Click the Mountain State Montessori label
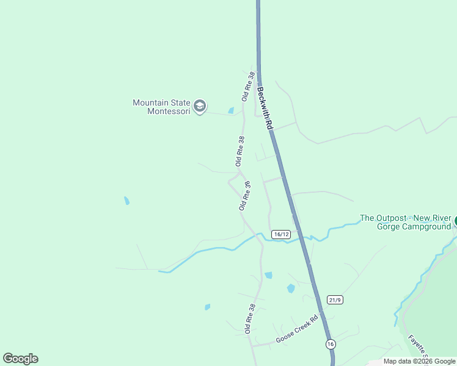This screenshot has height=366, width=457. click(x=161, y=107)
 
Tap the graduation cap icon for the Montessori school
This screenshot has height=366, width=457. click(x=200, y=107)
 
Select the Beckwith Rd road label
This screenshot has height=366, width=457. click(x=265, y=107)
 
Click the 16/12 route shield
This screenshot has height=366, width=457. click(x=281, y=234)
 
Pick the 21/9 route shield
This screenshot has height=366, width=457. click(x=334, y=300)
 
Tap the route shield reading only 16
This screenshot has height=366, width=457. click(x=330, y=344)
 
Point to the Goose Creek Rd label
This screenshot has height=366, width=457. click(x=298, y=329)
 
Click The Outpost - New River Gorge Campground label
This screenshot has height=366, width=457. click(x=404, y=222)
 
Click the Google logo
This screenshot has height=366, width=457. click(x=20, y=359)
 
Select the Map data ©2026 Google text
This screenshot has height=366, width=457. click(x=419, y=361)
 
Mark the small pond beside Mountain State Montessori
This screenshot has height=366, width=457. click(x=231, y=111)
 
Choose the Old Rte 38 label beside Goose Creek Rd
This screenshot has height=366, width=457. click(x=249, y=318)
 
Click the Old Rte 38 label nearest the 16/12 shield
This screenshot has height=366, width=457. click(x=245, y=195)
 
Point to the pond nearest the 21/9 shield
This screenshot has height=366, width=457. click(x=291, y=289)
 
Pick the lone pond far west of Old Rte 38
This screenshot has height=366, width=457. click(x=126, y=200)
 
